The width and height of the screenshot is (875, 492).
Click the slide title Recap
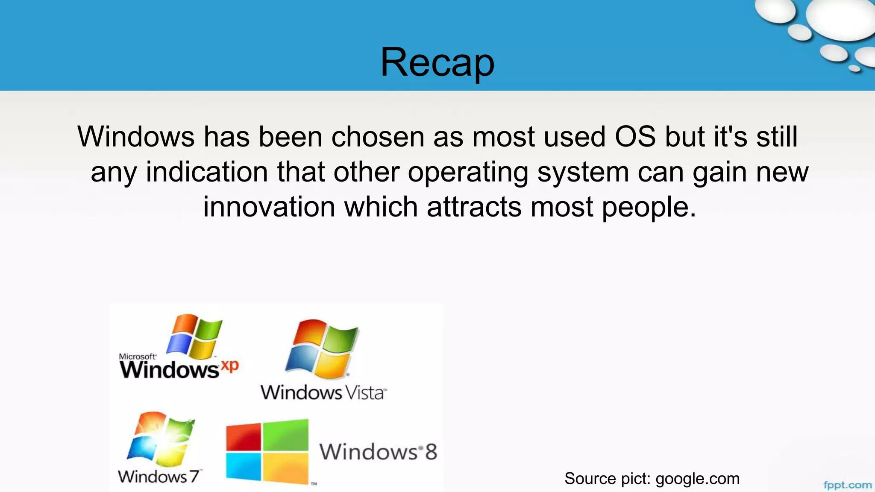tap(437, 63)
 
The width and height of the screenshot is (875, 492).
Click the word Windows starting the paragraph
tap(136, 137)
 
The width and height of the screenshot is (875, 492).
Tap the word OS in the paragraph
tap(635, 137)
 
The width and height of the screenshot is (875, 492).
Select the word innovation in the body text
tap(269, 207)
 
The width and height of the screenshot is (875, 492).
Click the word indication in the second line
tap(207, 172)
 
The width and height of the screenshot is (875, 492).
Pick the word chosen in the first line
tap(378, 137)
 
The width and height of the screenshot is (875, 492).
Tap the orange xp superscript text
tap(229, 366)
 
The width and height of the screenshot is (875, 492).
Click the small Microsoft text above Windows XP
tap(137, 356)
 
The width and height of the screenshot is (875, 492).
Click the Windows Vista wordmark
tap(323, 392)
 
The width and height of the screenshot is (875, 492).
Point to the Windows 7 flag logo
tap(161, 439)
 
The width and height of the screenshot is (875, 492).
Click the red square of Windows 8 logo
tap(243, 437)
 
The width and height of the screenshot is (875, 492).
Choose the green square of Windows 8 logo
tap(285, 435)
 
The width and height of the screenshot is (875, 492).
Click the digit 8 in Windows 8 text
tap(431, 452)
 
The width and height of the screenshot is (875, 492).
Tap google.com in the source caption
tap(697, 479)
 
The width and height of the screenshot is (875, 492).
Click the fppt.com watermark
tap(847, 485)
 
